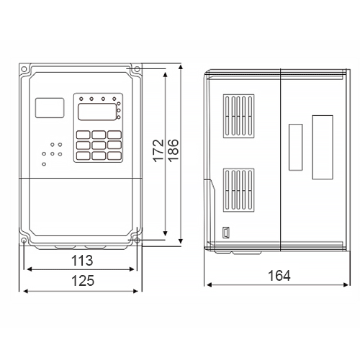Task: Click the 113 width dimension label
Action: (82, 261)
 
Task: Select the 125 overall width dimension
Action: (83, 281)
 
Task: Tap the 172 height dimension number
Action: (158, 150)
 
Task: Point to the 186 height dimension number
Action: (174, 150)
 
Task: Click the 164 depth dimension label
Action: (279, 276)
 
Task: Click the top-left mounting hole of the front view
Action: (24, 69)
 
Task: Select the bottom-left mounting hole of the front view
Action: (24, 240)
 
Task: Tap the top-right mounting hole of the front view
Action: (137, 69)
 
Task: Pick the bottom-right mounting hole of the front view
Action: (137, 240)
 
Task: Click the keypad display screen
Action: (97, 112)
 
